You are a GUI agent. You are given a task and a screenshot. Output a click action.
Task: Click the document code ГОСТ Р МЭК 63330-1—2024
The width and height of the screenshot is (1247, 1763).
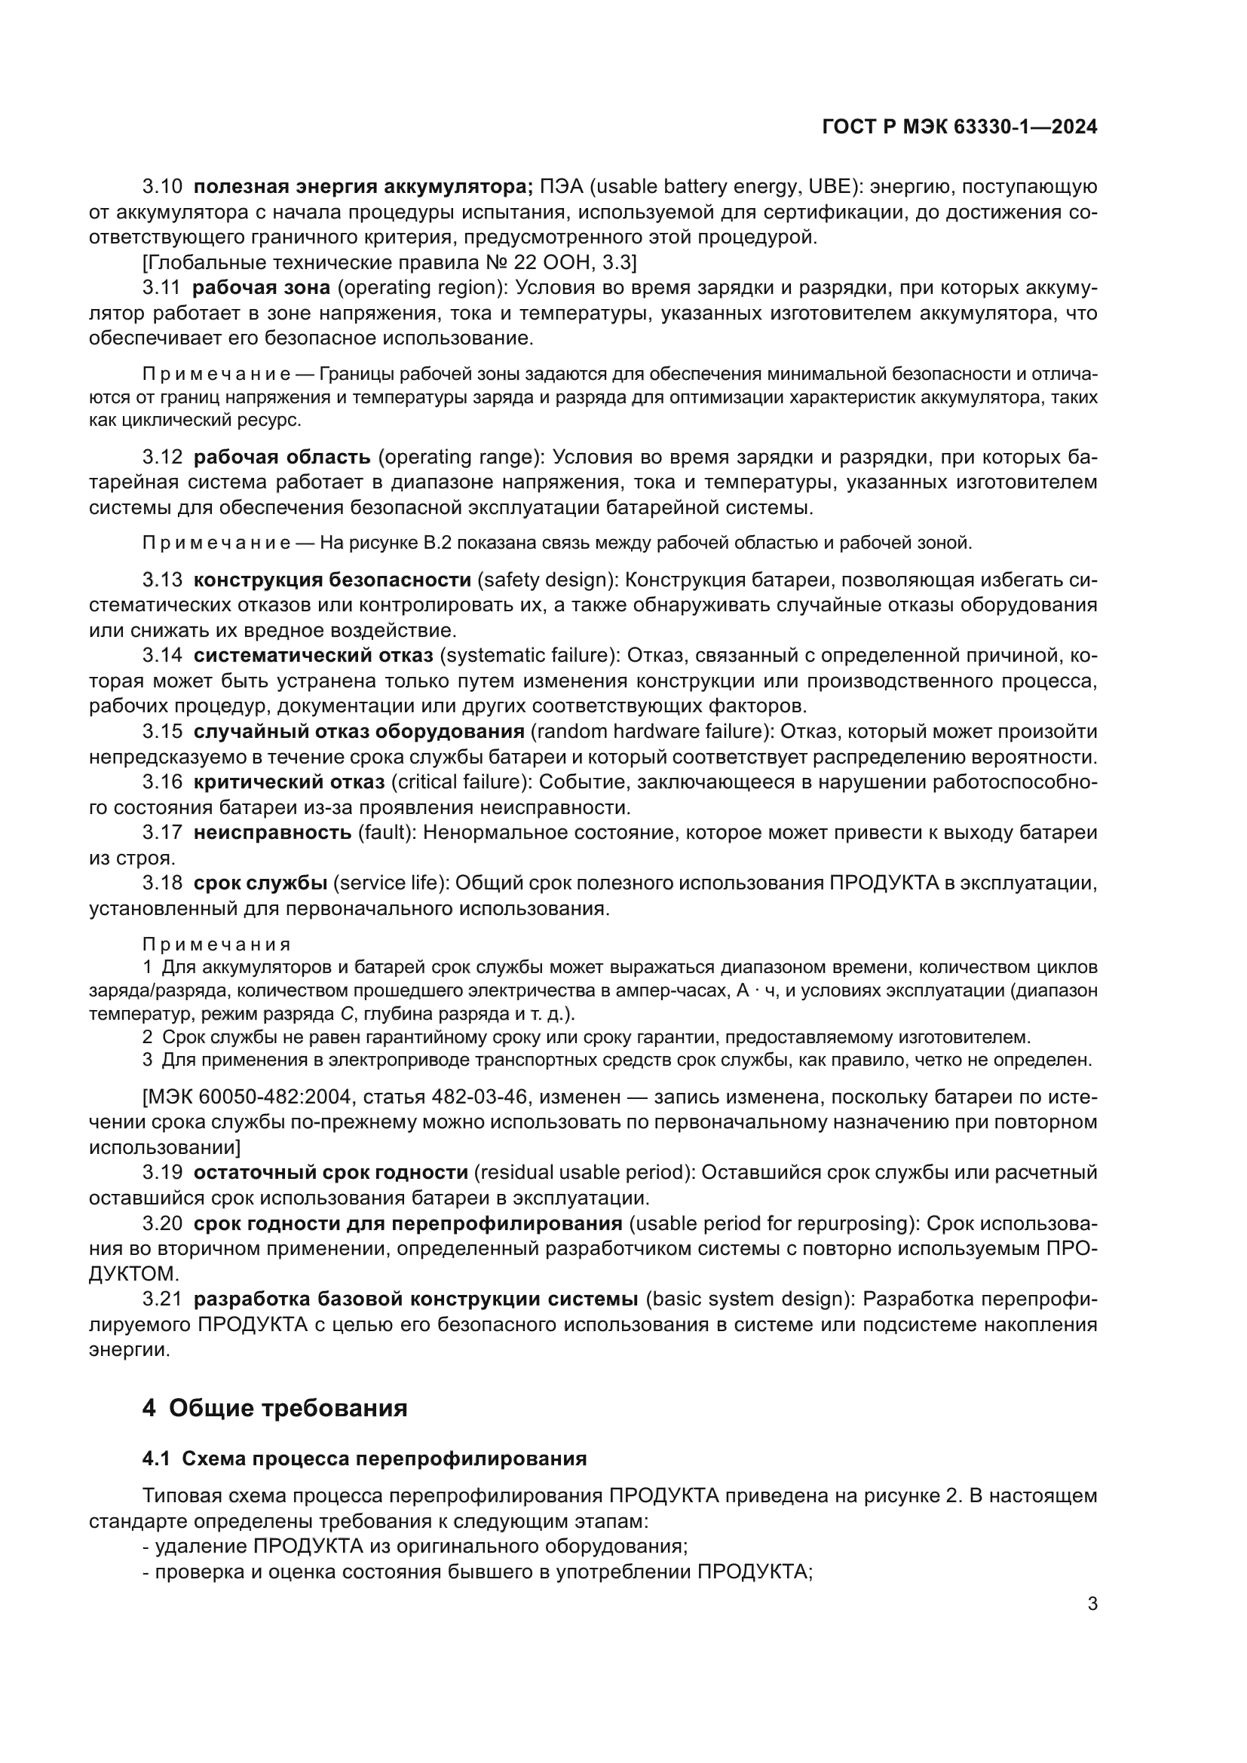pyautogui.click(x=959, y=127)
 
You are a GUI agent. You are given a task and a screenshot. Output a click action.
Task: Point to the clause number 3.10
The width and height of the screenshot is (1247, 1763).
pyautogui.click(x=163, y=187)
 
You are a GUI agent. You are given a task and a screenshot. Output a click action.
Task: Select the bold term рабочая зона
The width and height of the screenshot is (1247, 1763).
pyautogui.click(x=261, y=288)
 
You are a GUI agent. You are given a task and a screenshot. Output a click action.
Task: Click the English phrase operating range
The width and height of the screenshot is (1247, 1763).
pyautogui.click(x=461, y=457)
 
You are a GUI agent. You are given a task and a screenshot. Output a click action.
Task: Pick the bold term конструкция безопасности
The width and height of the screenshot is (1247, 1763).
pyautogui.click(x=332, y=580)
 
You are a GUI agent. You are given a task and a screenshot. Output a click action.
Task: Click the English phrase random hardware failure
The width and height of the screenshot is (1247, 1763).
pyautogui.click(x=651, y=732)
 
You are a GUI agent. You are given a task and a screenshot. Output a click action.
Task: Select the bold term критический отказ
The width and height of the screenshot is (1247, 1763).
pyautogui.click(x=289, y=782)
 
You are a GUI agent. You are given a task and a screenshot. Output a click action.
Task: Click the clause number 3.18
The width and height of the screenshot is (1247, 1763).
pyautogui.click(x=163, y=883)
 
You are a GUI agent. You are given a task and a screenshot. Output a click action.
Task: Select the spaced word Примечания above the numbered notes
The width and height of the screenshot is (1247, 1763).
pyautogui.click(x=217, y=944)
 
